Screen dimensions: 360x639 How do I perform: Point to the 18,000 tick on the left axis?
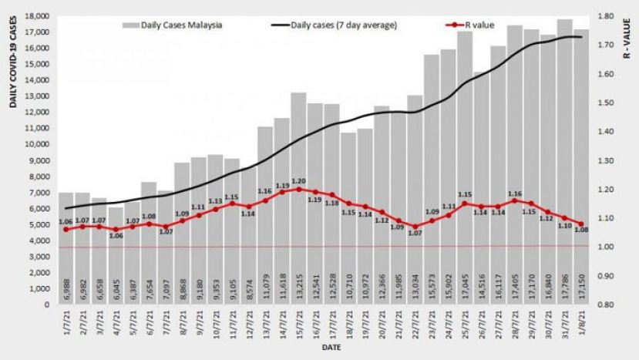pyautogui.click(x=37, y=16)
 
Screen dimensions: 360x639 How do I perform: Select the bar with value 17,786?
pyautogui.click(x=564, y=162)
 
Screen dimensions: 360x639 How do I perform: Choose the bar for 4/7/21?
pyautogui.click(x=116, y=254)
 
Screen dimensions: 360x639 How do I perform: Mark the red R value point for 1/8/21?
pyautogui.click(x=581, y=224)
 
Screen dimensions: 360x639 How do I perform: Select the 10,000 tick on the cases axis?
pyautogui.click(x=37, y=144)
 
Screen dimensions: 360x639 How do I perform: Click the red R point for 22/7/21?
pyautogui.click(x=415, y=227)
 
